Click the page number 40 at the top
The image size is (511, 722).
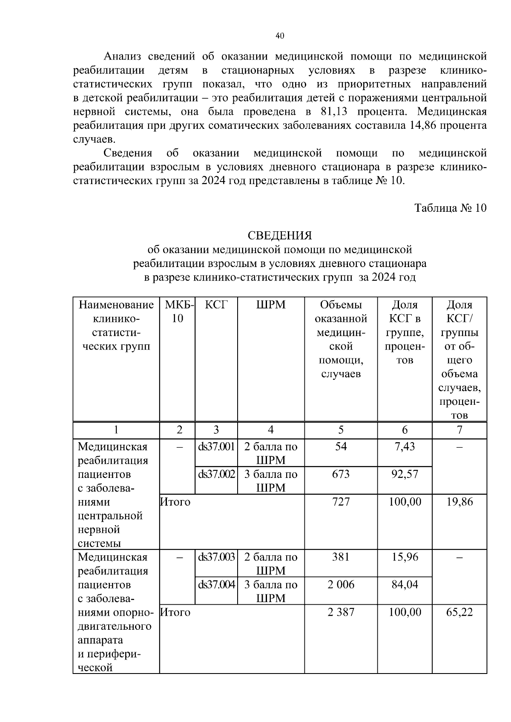tap(280, 36)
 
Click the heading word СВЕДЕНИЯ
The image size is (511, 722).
tap(280, 235)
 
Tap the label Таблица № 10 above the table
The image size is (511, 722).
tap(450, 208)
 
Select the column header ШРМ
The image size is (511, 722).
tap(271, 305)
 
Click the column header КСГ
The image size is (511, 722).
tap(216, 305)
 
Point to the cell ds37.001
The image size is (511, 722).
tap(216, 447)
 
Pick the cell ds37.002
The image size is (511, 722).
tap(216, 474)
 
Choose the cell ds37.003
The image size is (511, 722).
tap(216, 557)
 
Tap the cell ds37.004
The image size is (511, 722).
tap(216, 585)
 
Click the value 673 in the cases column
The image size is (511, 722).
tap(341, 474)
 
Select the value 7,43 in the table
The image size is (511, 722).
tap(405, 446)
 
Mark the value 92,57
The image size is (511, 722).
tap(405, 474)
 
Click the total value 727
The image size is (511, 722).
tap(341, 502)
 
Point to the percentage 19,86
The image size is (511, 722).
tap(459, 502)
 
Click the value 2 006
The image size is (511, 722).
tap(341, 585)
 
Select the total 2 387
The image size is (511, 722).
tap(341, 612)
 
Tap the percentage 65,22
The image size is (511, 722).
tap(459, 612)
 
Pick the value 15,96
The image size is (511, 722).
tap(405, 557)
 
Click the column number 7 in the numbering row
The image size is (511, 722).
tap(459, 430)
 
